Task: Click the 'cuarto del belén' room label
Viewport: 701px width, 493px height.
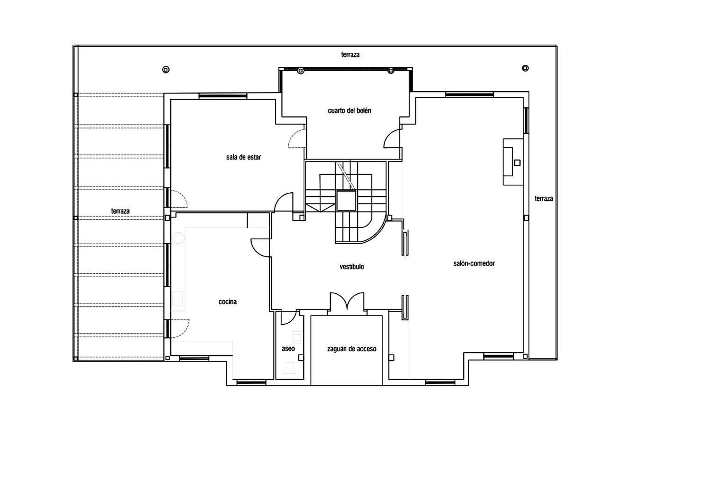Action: point(349,111)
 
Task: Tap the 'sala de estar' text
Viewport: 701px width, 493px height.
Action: point(243,157)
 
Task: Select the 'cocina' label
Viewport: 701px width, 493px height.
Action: point(228,302)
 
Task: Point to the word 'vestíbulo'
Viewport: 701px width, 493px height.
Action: point(351,267)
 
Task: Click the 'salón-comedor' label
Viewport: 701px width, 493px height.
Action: point(473,263)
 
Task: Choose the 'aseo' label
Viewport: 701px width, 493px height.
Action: point(288,348)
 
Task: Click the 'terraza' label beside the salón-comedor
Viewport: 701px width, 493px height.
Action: point(544,198)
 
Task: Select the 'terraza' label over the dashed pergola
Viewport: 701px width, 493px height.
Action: point(120,211)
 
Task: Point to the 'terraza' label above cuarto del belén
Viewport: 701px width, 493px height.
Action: point(350,55)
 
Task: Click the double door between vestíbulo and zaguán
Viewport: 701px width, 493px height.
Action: point(347,302)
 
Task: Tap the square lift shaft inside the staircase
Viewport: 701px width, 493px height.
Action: point(346,201)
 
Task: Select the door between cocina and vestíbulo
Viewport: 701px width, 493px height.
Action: point(260,246)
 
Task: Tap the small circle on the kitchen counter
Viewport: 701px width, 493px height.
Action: point(178,238)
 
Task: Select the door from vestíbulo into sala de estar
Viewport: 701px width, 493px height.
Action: point(284,203)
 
